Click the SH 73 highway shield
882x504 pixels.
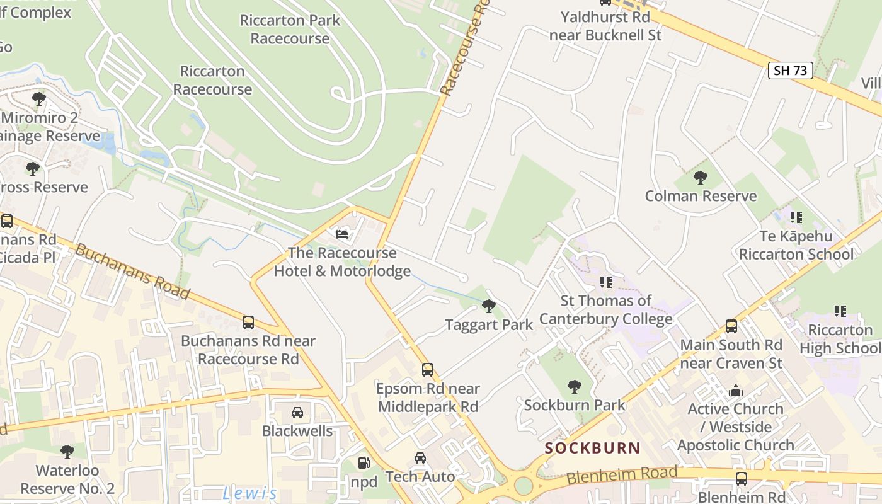(x=790, y=70)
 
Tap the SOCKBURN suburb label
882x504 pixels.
(x=592, y=448)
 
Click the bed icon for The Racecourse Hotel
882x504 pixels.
(x=342, y=234)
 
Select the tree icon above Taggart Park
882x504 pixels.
(x=488, y=306)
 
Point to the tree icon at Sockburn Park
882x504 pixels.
(x=574, y=386)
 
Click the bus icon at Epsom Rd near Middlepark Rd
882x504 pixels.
(x=428, y=369)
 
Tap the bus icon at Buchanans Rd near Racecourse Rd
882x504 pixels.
(x=248, y=323)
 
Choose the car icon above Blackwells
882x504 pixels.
(x=297, y=413)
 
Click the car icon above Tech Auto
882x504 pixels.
(x=420, y=458)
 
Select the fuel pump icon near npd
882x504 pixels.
(x=364, y=463)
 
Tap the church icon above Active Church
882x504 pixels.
(x=735, y=391)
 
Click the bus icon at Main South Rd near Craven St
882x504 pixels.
(x=731, y=326)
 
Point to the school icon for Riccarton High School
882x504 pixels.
(x=840, y=311)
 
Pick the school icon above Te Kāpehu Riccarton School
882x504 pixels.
(x=796, y=217)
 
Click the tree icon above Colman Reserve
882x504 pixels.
(x=700, y=177)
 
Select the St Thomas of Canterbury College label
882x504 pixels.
(x=606, y=309)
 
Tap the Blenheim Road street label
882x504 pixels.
(x=622, y=475)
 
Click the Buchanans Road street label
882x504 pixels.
(x=132, y=272)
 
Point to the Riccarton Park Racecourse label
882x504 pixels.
(x=290, y=29)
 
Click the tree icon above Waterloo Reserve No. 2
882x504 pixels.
(x=67, y=452)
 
